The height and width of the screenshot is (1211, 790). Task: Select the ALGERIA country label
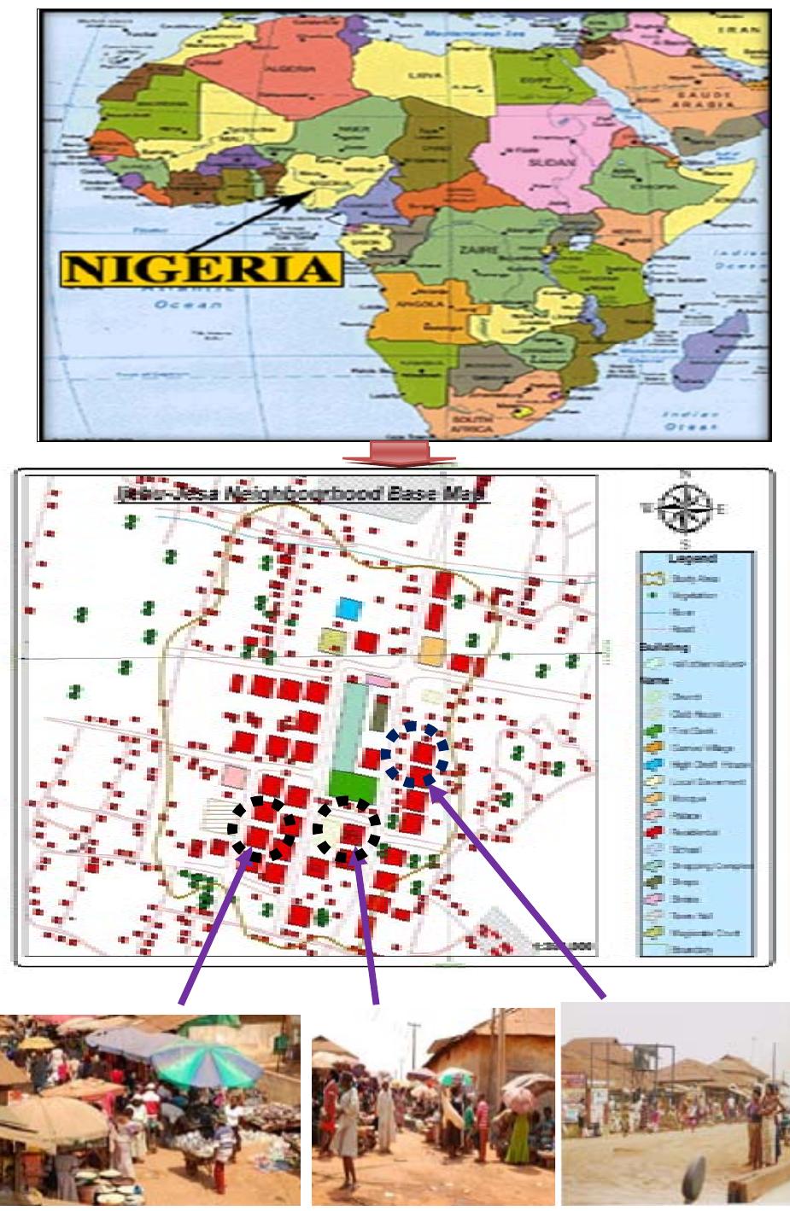305,68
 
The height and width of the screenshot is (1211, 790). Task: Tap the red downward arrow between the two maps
398,454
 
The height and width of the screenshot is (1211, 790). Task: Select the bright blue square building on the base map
349,608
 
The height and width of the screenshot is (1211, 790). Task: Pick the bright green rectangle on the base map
351,784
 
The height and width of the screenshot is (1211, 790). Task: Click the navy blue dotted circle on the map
414,754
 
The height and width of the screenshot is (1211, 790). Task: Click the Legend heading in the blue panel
693,560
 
